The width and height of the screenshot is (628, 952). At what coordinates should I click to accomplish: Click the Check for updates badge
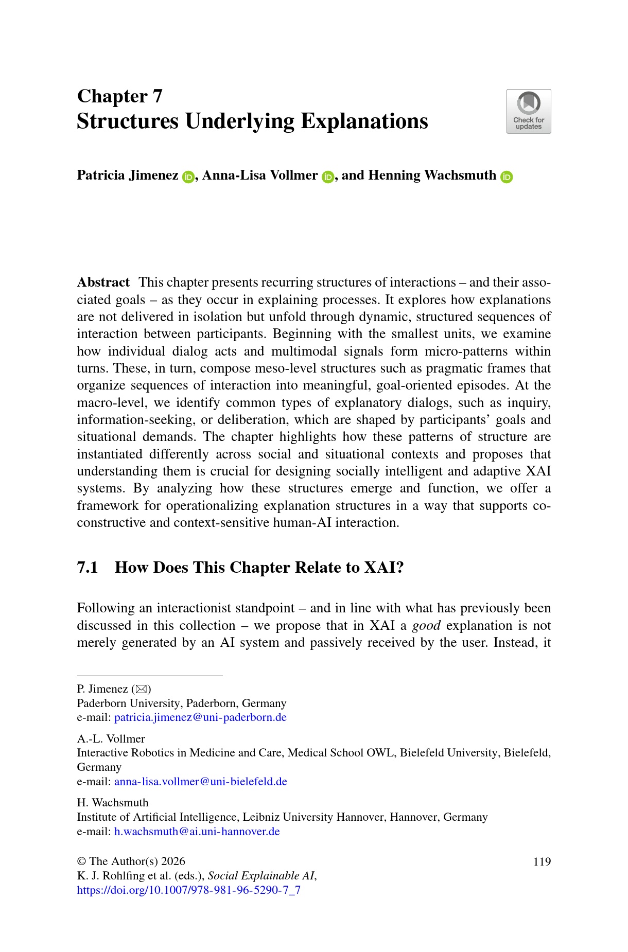(x=529, y=112)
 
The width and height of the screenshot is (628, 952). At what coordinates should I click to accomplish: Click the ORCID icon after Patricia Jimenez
(x=188, y=177)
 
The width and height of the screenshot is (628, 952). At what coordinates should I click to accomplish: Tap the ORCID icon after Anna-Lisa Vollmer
(x=328, y=177)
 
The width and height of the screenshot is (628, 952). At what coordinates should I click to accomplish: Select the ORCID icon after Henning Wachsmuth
(x=507, y=177)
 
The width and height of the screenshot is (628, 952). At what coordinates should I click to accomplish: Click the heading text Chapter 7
(x=119, y=96)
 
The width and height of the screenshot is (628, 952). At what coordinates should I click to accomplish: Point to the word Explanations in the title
(x=364, y=121)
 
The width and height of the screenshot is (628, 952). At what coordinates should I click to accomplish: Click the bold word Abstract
(x=103, y=283)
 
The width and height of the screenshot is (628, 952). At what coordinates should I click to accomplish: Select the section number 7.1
(x=88, y=567)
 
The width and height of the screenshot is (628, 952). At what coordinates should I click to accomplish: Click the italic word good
(x=426, y=625)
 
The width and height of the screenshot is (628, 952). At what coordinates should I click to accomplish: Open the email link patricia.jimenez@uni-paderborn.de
(x=200, y=717)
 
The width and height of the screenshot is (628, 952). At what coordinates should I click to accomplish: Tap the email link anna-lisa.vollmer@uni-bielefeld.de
(x=200, y=782)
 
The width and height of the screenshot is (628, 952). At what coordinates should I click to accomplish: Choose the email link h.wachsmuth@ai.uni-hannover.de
(x=197, y=832)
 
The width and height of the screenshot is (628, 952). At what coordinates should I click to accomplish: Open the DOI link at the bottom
(x=188, y=890)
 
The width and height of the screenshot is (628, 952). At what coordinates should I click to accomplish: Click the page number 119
(x=542, y=861)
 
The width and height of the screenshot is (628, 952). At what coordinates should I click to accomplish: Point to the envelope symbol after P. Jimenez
(x=141, y=689)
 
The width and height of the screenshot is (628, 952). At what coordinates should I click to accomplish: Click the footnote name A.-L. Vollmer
(x=111, y=739)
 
